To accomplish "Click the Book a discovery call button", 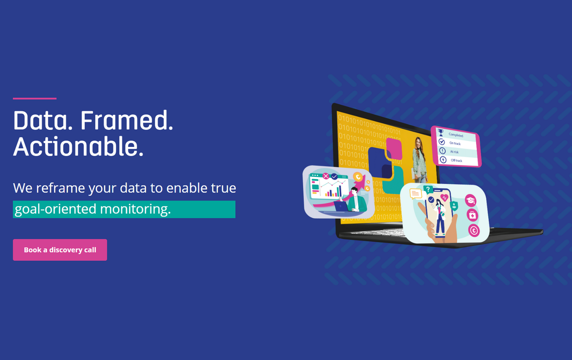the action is pyautogui.click(x=60, y=250).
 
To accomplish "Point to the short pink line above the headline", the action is pyautogui.click(x=35, y=98).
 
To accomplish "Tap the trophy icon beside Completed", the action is pyautogui.click(x=441, y=133).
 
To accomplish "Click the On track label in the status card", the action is pyautogui.click(x=455, y=143).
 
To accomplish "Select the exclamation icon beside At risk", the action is pyautogui.click(x=442, y=150).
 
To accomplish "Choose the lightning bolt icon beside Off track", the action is pyautogui.click(x=443, y=159).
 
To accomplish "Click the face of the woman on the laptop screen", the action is pyautogui.click(x=418, y=143).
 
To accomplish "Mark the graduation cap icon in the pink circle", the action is pyautogui.click(x=471, y=201).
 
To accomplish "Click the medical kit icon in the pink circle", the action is pyautogui.click(x=473, y=215).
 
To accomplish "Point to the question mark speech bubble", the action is pyautogui.click(x=428, y=190).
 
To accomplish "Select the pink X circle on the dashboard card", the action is pyautogui.click(x=326, y=176).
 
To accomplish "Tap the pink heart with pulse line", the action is pyautogui.click(x=444, y=198).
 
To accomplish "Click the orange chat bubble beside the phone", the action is pyautogui.click(x=415, y=194).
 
